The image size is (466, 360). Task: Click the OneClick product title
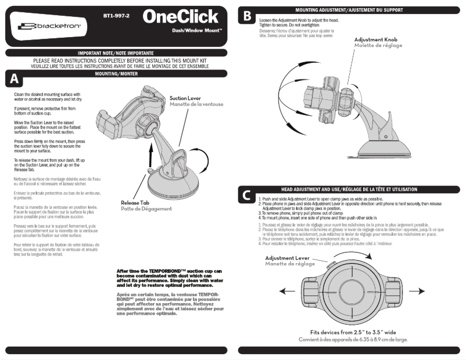point(180,16)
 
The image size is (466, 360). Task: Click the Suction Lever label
point(186,99)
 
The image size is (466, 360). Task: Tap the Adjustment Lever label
point(287,257)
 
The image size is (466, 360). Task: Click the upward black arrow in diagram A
point(149,157)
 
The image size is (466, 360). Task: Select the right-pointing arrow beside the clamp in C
point(417,290)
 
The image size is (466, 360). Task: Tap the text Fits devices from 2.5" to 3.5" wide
point(353,332)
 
